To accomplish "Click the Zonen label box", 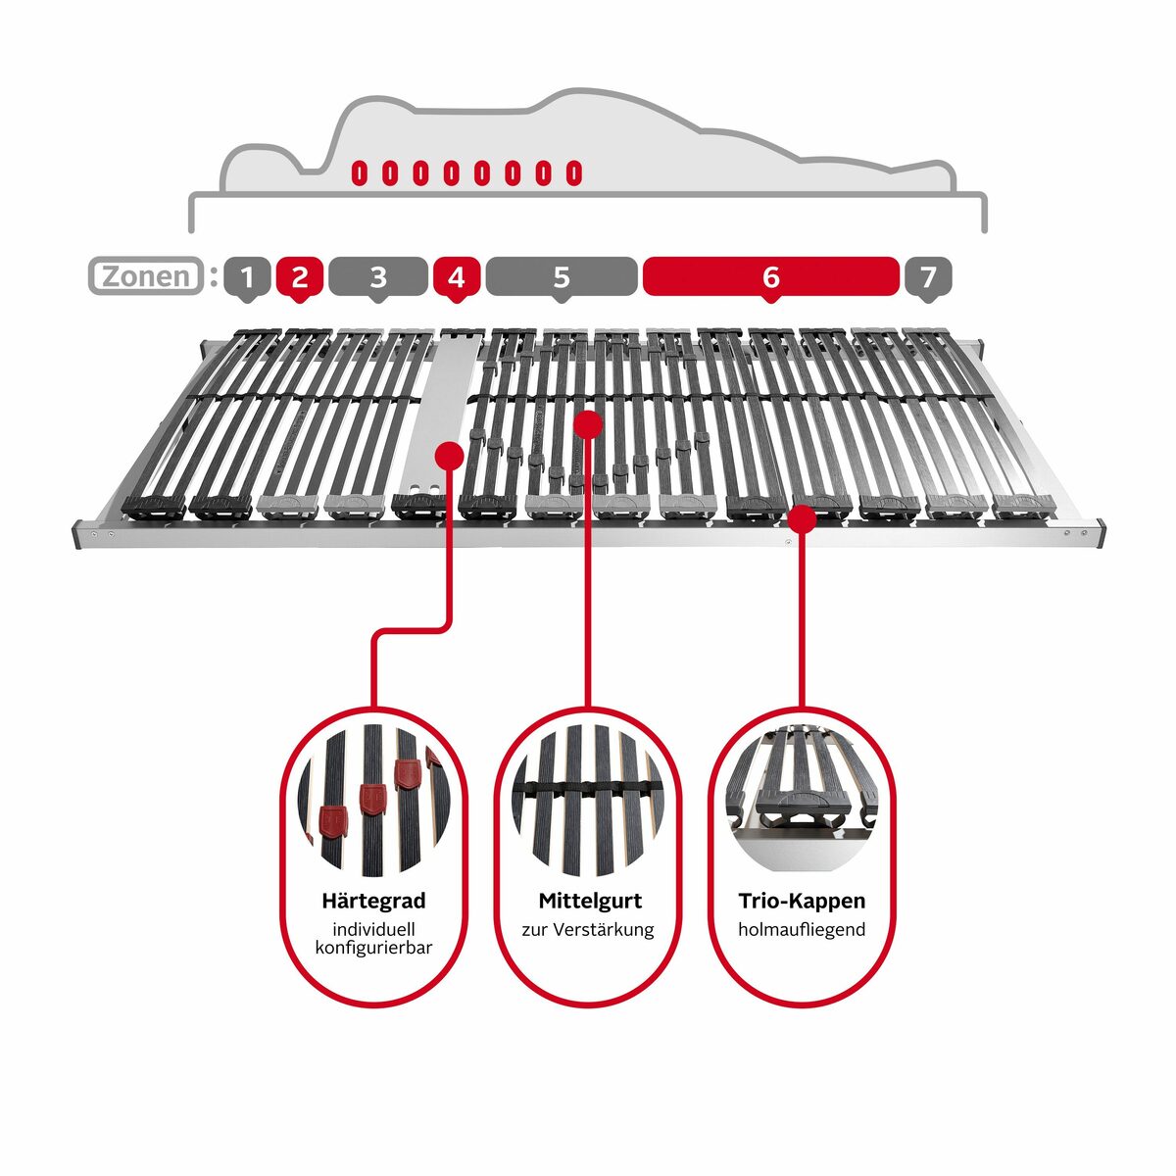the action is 146,275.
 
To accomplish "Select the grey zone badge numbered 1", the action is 247,277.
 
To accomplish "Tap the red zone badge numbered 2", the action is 299,277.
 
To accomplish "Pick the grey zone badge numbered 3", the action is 377,277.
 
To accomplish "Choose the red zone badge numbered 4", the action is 457,277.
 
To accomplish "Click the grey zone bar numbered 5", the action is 562,277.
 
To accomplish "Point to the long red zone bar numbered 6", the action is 771,277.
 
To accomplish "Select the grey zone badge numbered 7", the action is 928,277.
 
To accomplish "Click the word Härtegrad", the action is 373,901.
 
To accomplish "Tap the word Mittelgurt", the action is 590,901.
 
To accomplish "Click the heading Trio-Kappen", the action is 802,901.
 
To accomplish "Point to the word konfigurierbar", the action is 373,948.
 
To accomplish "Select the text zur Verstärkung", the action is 588,929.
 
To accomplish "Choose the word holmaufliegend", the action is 802,929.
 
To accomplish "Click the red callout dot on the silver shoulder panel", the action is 450,456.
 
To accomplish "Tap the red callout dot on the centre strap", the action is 588,424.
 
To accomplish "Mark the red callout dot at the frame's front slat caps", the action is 802,518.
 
